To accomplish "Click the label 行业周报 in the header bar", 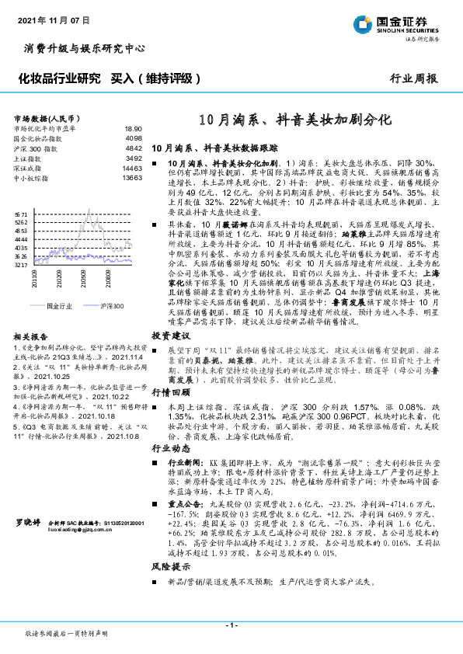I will pyautogui.click(x=413, y=78).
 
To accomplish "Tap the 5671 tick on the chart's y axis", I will pyautogui.click(x=21, y=212).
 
